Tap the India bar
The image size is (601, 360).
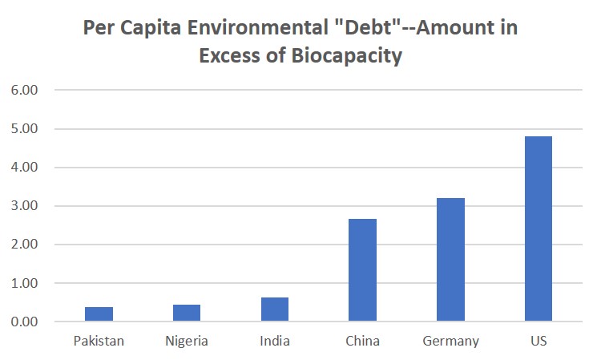pyautogui.click(x=274, y=309)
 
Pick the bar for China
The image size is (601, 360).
pyautogui.click(x=362, y=270)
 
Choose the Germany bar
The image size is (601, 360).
pyautogui.click(x=450, y=260)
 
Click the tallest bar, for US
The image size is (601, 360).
pyautogui.click(x=538, y=229)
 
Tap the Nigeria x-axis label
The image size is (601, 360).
pyautogui.click(x=186, y=342)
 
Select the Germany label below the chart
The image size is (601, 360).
pyautogui.click(x=450, y=342)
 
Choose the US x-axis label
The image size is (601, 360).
pyautogui.click(x=538, y=342)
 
